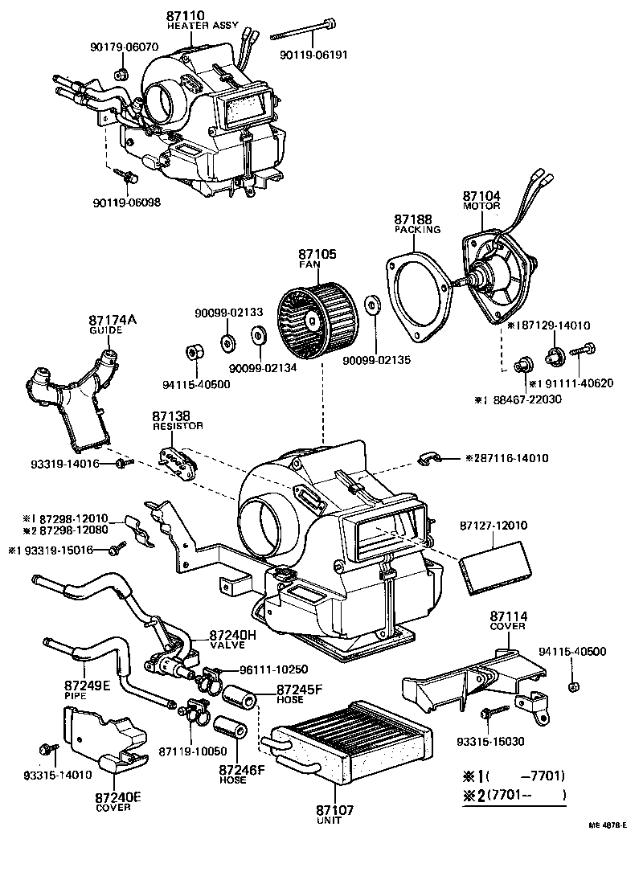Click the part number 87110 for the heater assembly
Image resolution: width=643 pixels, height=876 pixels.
186,15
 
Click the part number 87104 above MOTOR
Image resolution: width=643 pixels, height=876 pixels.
481,195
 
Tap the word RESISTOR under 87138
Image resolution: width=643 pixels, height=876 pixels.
178,426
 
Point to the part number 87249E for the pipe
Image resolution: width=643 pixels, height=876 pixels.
88,686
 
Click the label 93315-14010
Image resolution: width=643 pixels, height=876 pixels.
58,776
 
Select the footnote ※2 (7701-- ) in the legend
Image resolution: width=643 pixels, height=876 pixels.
514,796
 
